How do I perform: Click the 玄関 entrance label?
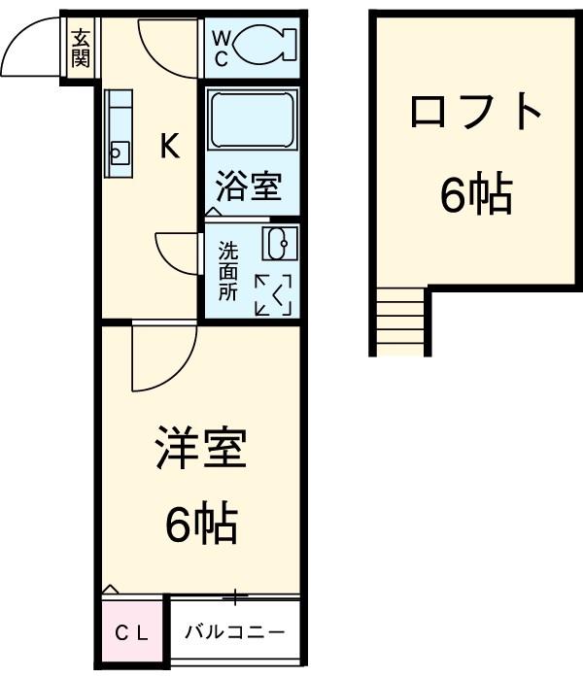81,49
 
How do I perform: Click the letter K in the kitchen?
169,147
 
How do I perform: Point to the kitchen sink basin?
119,152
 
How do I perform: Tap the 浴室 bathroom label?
250,186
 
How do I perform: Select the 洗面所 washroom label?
226,271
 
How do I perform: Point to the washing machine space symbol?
273,294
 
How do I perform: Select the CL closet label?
133,633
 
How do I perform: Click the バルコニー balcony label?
235,633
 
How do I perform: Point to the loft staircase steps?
399,322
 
